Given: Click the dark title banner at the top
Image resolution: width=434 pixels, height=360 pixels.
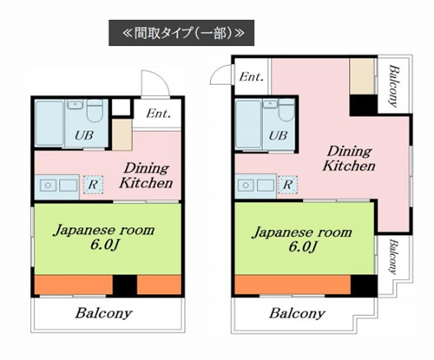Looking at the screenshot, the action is [181, 33].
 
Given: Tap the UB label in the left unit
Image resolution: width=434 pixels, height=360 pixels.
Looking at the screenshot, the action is [84, 135].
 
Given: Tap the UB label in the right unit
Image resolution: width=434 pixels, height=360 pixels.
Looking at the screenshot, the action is [278, 135].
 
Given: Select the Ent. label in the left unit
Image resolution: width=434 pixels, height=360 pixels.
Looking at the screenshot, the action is [158, 114].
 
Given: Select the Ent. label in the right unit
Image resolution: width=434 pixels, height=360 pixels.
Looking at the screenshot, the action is [252, 77].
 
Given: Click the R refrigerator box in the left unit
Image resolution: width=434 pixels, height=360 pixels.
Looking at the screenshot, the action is [93, 185].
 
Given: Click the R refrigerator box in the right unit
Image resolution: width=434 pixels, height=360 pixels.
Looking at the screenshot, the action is [287, 184].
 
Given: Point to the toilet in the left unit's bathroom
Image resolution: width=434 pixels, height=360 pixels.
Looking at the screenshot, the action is [95, 110].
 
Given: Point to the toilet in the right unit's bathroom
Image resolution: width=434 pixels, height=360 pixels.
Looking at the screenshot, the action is [286, 110].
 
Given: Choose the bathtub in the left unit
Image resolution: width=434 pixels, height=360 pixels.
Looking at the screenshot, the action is [49, 123].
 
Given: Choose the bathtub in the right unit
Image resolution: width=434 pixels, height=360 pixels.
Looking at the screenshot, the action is [248, 124].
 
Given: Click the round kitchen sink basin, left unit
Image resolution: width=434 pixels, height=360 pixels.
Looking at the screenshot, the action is [48, 185].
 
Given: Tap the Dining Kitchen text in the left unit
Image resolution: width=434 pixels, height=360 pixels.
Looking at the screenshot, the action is [146, 175].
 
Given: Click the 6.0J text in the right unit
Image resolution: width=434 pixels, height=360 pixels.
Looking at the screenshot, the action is [303, 246].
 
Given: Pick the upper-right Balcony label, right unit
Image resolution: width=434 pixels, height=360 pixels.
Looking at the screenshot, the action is [394, 86].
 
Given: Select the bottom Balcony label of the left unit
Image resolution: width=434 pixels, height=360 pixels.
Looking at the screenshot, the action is [103, 313].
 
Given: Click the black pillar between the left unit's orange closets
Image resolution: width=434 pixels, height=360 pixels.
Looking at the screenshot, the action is [124, 285].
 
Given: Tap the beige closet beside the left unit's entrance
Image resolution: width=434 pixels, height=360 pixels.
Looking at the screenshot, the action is [122, 134].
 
